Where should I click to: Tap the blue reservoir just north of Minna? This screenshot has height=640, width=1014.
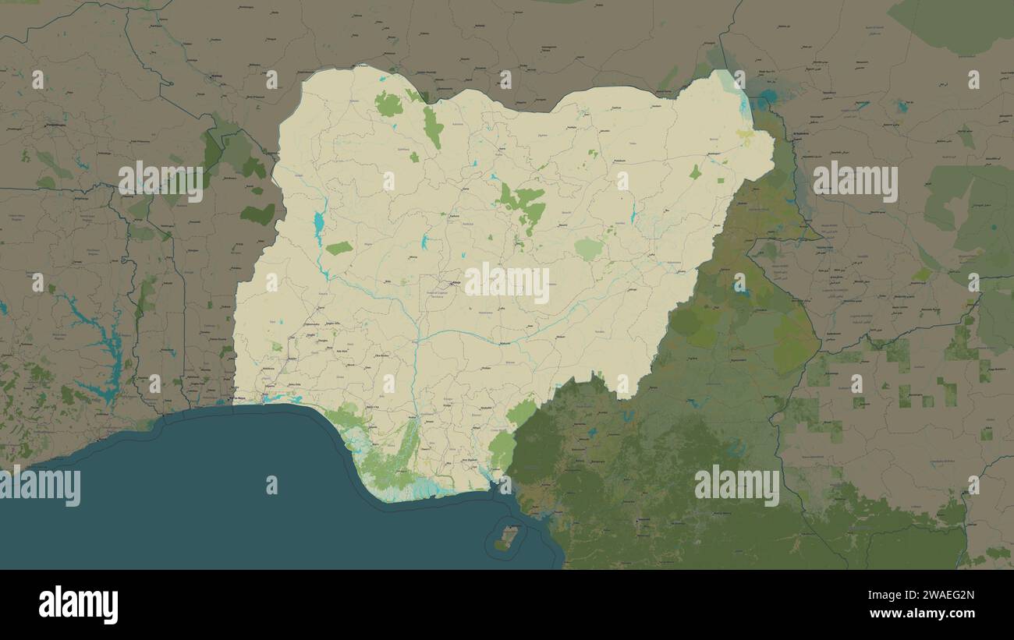tap(424, 241)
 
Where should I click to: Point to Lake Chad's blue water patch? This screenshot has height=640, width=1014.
tap(768, 97)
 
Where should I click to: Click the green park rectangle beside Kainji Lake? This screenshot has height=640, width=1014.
tap(339, 248)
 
